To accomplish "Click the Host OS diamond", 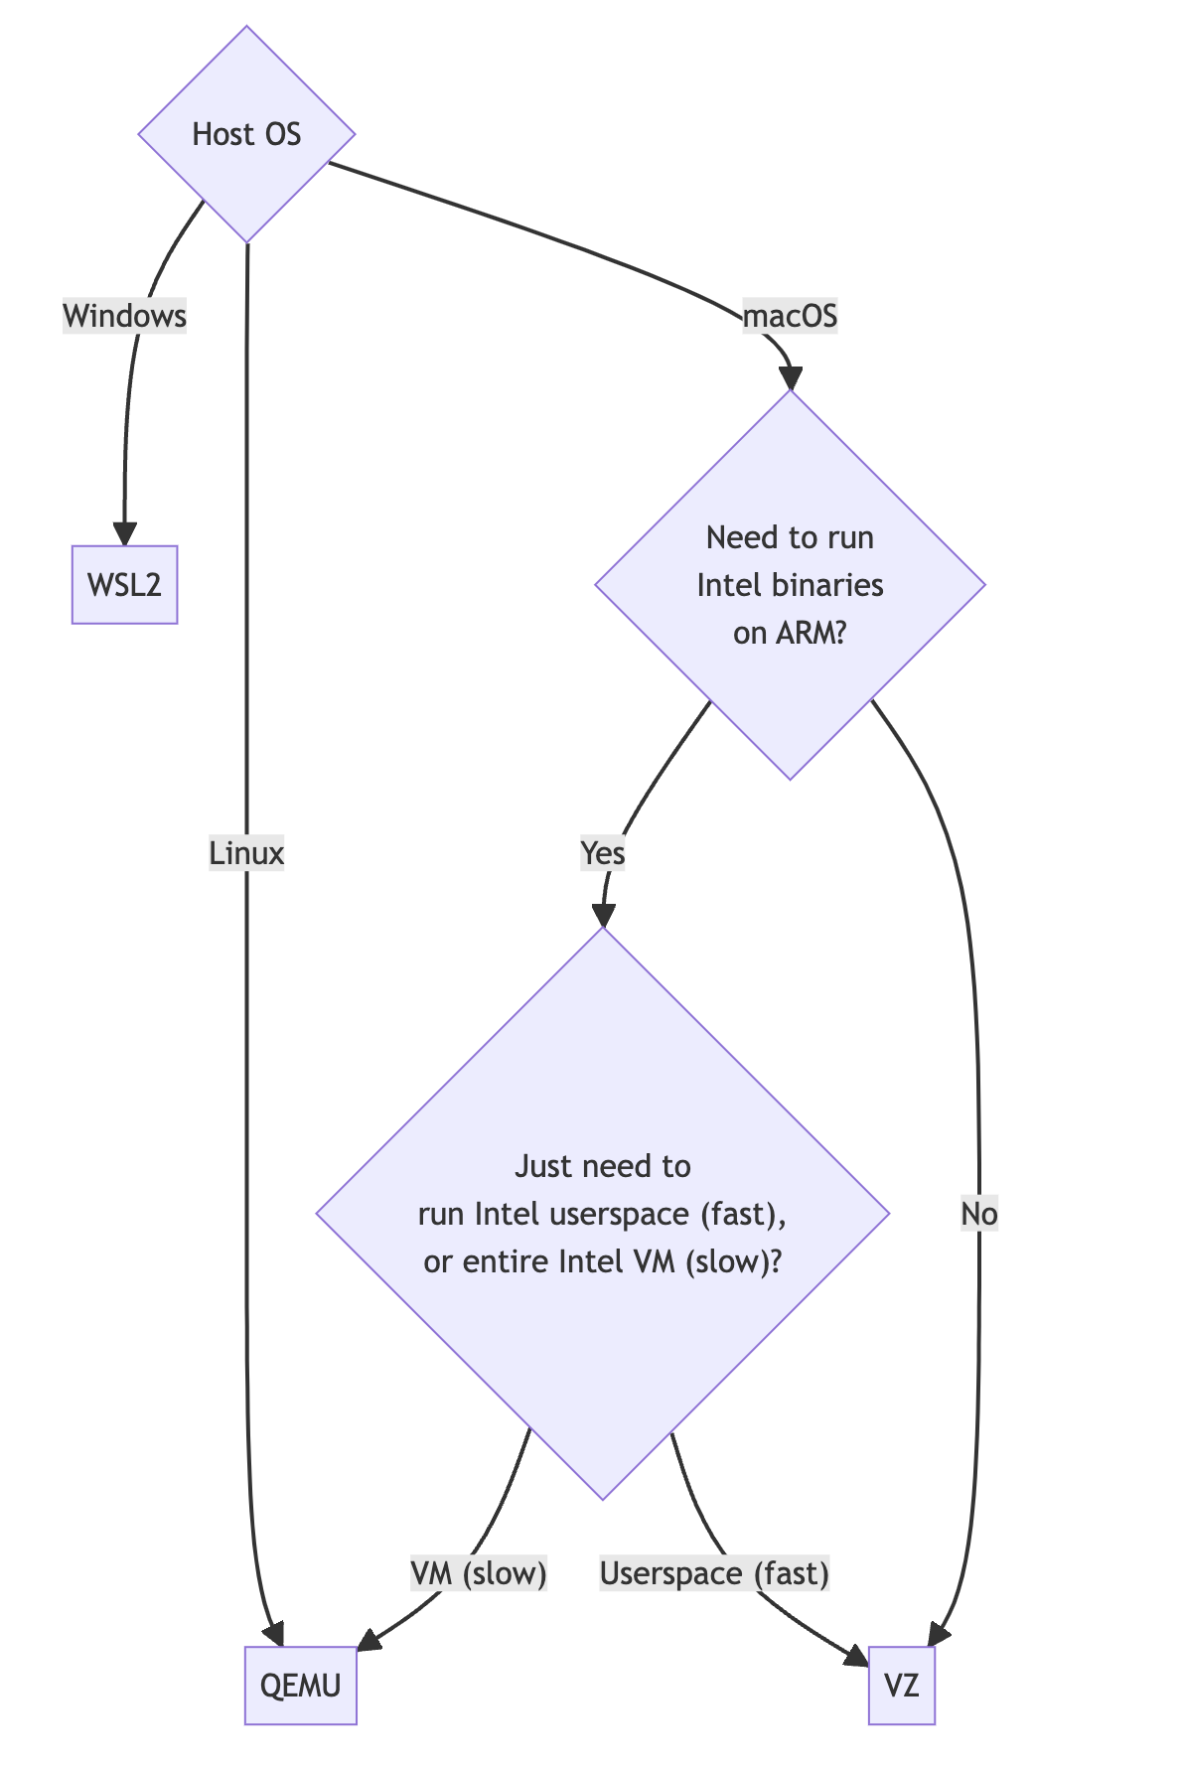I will point(246,134).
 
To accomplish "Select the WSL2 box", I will point(124,584).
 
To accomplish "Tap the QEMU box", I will point(300,1686).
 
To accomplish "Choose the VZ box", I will point(901,1686).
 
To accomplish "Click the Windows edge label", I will point(124,316).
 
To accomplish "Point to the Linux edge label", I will point(246,853).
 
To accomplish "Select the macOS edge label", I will point(790,316).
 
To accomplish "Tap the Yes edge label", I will point(602,853).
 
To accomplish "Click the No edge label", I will point(978,1214).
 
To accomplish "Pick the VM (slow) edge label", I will point(478,1573).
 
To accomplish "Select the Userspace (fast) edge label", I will point(714,1573).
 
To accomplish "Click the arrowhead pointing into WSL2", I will point(124,533).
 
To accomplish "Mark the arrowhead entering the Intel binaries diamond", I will point(790,378).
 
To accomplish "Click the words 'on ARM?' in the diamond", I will point(790,633).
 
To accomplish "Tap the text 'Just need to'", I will point(602,1166).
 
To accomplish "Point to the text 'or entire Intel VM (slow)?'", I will point(602,1261).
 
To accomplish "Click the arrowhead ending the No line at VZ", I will point(938,1633).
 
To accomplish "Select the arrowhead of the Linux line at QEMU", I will point(274,1633).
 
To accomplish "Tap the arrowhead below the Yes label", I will point(602,915).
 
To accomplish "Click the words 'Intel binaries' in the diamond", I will point(790,585).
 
